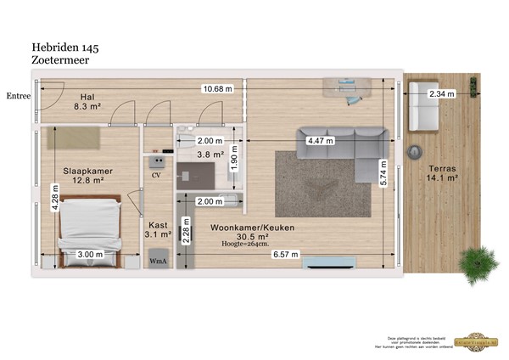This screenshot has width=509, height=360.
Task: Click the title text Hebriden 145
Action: (x=67, y=48)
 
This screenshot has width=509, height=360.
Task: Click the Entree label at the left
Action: (x=17, y=96)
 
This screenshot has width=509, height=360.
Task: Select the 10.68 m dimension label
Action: (x=216, y=88)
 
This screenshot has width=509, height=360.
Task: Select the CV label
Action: (x=156, y=175)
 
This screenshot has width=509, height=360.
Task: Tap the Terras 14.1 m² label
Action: (x=442, y=173)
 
